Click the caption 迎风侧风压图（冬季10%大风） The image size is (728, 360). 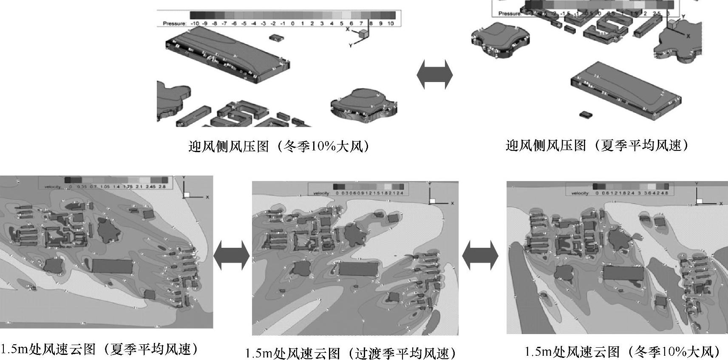tap(278, 147)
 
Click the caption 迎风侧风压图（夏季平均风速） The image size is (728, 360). tap(597, 146)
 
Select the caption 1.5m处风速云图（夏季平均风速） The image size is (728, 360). tap(100, 349)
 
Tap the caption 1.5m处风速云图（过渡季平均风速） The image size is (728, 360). tap(351, 353)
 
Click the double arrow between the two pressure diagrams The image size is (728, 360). tap(434, 75)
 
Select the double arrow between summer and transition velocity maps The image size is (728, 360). tap(231, 255)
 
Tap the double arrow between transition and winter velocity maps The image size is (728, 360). tap(480, 255)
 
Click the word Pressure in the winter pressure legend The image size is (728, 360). tap(174, 23)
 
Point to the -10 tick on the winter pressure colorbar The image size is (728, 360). tap(195, 23)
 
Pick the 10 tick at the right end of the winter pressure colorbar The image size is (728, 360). tap(391, 23)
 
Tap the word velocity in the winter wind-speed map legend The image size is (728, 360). tap(580, 193)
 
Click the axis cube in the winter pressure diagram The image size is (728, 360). tap(364, 33)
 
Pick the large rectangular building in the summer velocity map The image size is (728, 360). tap(112, 266)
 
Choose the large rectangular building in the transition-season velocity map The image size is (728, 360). tap(358, 269)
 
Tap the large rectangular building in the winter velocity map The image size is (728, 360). tap(623, 272)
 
